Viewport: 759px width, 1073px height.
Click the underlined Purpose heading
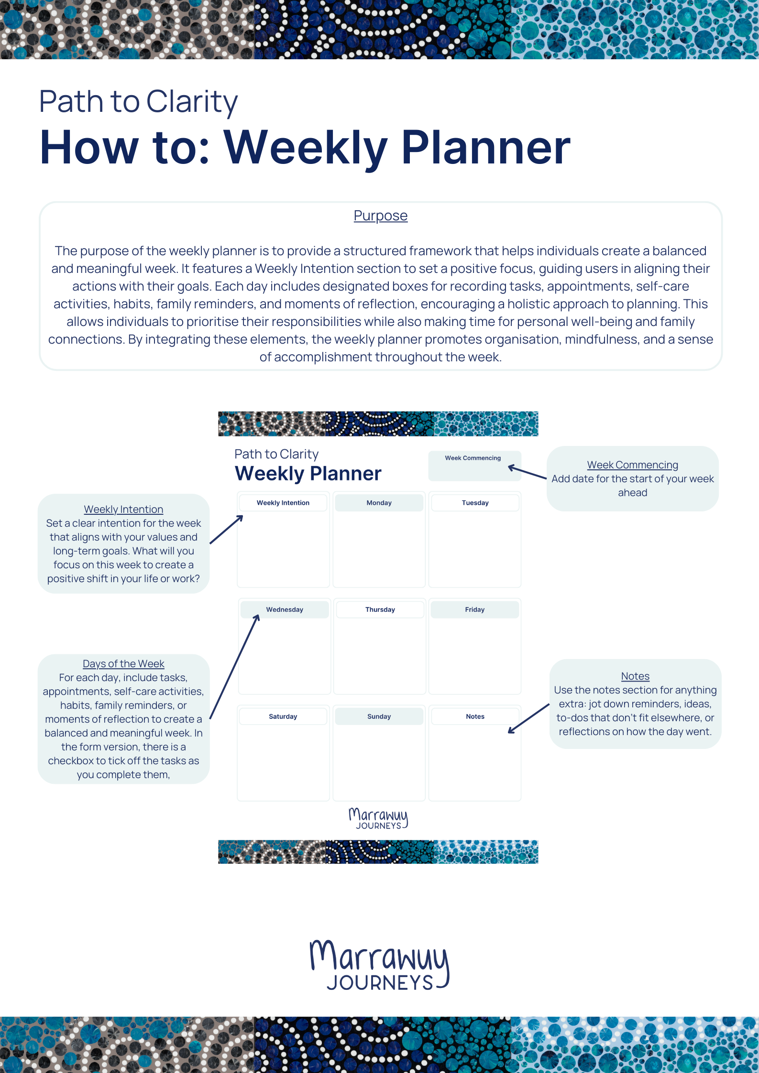380,216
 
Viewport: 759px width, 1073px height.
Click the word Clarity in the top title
191,102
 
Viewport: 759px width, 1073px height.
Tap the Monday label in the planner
379,503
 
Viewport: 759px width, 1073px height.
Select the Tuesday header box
475,503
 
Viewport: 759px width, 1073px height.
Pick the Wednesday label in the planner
285,609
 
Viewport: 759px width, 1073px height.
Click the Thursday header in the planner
380,609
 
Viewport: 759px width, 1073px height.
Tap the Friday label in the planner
474,609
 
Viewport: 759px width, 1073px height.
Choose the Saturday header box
283,716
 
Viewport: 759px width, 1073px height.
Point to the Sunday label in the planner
379,716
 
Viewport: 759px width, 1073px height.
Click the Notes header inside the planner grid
475,716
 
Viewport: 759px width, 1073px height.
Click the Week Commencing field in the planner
474,466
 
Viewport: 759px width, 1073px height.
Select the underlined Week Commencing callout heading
632,465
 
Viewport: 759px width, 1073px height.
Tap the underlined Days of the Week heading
123,664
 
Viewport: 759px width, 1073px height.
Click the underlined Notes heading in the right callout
635,676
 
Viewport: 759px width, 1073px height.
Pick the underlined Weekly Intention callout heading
123,509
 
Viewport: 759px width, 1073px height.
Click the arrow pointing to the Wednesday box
234,667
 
